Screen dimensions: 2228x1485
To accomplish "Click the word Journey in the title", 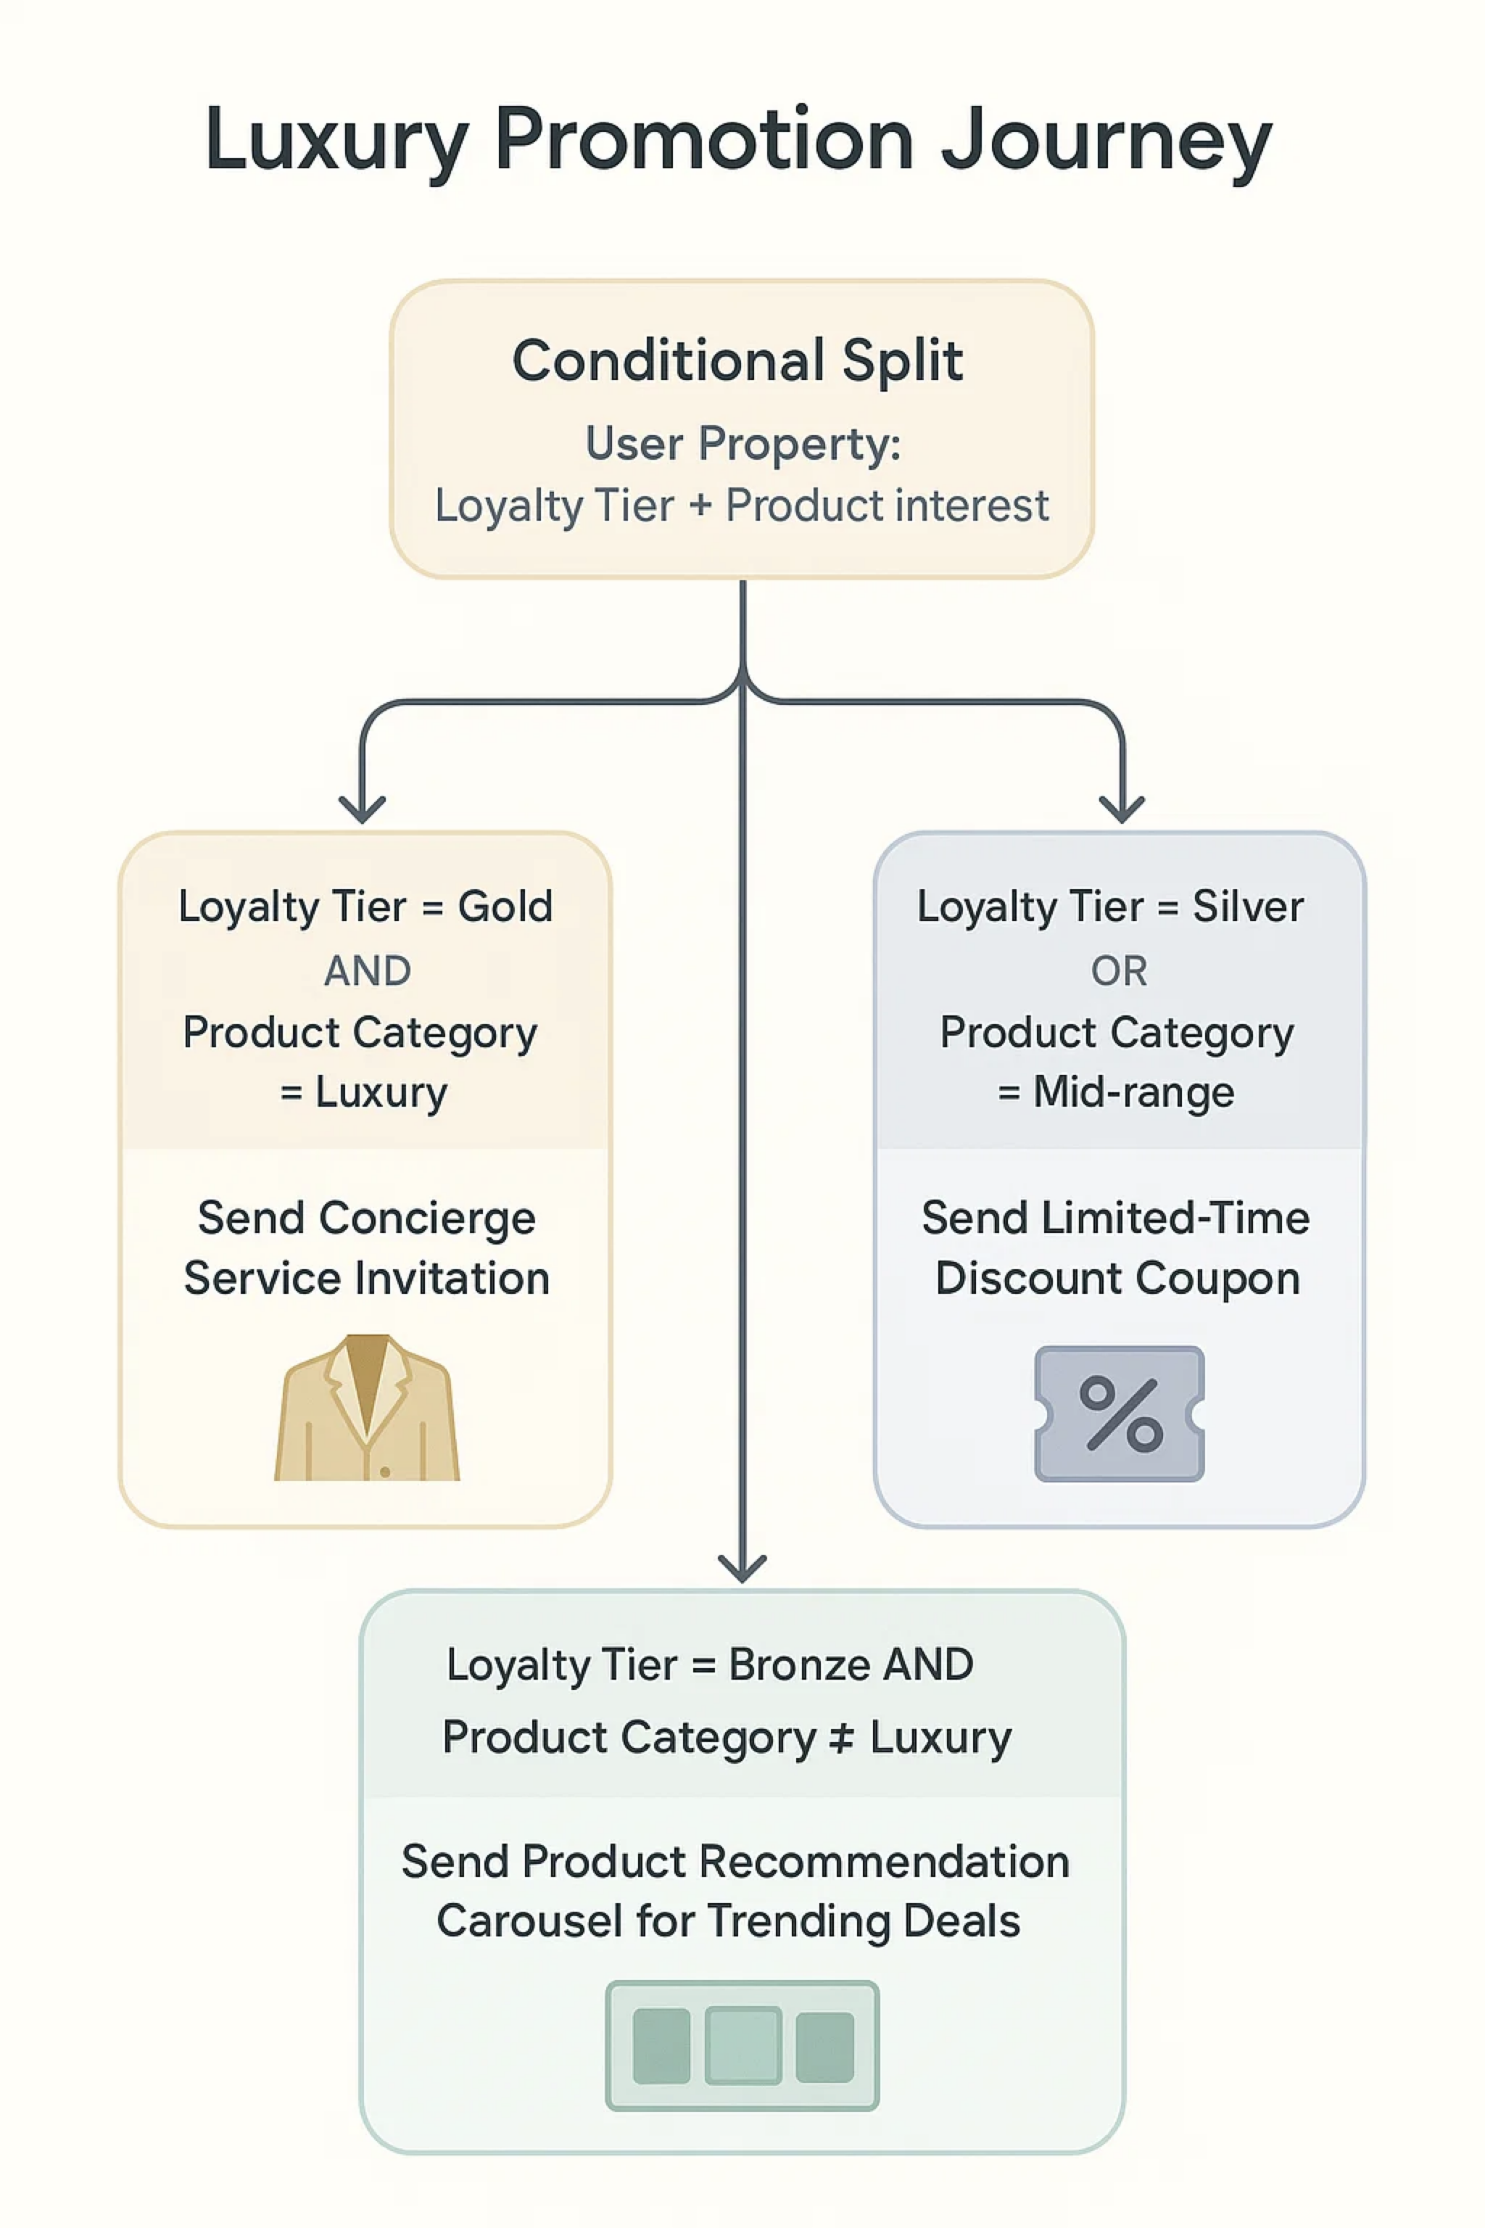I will point(1105,142).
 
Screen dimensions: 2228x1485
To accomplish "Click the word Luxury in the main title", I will point(336,142).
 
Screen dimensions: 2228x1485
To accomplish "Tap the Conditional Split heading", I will point(737,361).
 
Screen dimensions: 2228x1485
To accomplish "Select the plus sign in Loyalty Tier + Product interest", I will point(700,505).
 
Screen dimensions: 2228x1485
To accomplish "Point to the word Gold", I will point(505,907).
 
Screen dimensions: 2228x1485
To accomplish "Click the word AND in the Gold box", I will point(368,971).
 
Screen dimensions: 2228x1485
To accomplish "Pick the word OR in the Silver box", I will point(1119,971).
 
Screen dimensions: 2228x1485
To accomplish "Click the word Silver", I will point(1247,907).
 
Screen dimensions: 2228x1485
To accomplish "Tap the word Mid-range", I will point(1133,1092).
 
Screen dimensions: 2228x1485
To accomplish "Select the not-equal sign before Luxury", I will point(841,1737).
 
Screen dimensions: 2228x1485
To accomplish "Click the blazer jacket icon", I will point(366,1408).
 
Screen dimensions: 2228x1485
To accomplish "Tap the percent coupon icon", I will point(1120,1414).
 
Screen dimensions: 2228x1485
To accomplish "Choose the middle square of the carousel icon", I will point(742,2045).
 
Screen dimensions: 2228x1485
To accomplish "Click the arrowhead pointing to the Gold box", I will point(362,811).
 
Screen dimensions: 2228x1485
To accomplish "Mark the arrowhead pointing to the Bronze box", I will point(742,1569).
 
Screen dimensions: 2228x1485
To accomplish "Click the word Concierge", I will point(427,1218).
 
